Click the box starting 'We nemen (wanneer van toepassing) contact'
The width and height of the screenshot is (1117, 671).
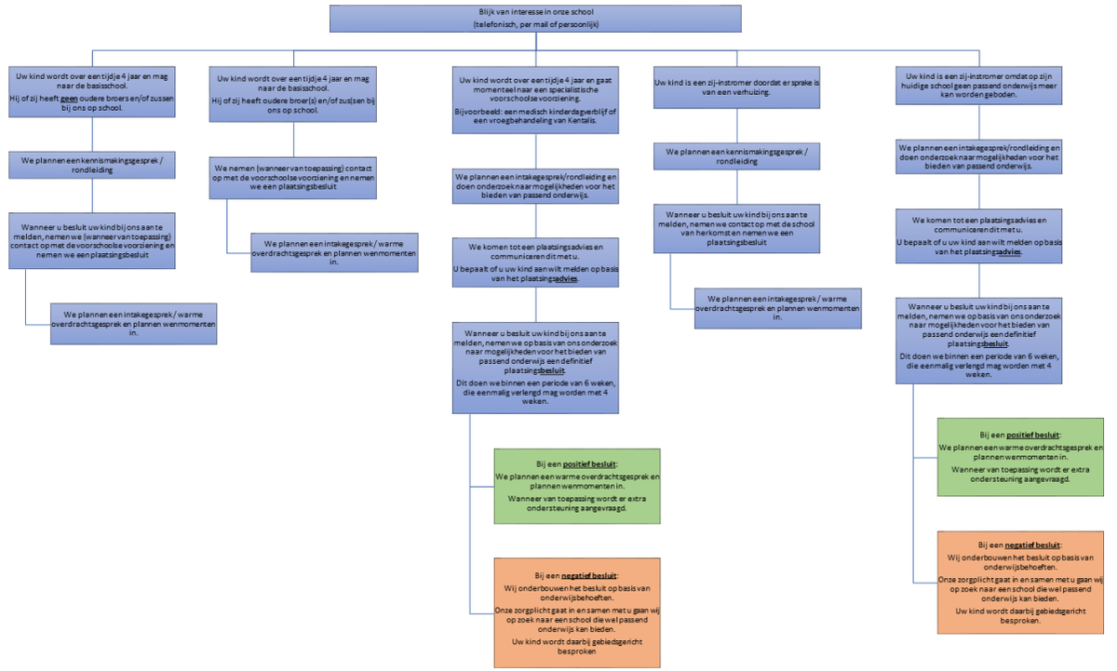(292, 176)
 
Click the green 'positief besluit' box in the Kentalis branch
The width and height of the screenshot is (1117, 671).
(577, 486)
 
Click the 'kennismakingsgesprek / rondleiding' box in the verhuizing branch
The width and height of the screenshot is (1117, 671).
(736, 155)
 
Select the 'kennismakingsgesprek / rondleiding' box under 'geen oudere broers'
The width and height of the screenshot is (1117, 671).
(92, 164)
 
